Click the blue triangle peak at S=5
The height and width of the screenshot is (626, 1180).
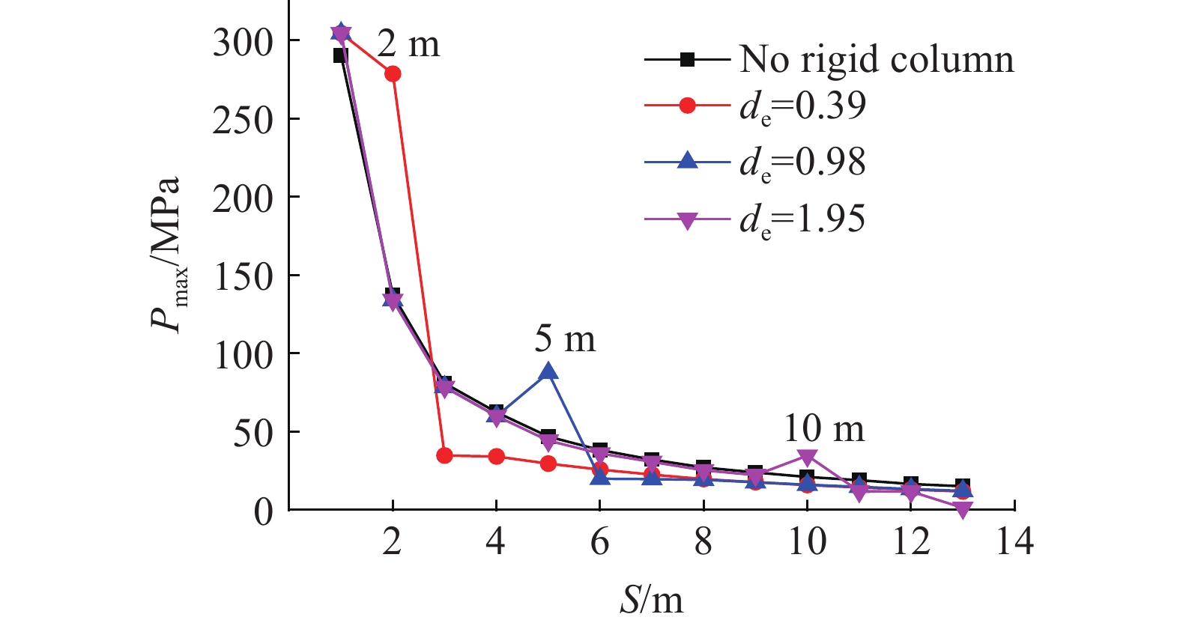click(x=548, y=371)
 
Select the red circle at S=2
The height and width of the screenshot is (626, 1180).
click(x=393, y=73)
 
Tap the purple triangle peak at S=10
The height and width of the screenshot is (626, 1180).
click(x=807, y=458)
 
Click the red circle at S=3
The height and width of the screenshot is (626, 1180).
click(x=444, y=455)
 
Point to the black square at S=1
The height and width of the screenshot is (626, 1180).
click(x=340, y=55)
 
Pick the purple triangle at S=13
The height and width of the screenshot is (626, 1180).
click(x=963, y=510)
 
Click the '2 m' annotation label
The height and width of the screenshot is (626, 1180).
click(x=408, y=44)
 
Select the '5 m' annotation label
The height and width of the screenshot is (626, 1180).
click(x=565, y=339)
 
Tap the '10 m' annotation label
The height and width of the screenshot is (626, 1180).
click(x=823, y=429)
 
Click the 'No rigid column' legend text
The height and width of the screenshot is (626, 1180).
click(x=876, y=59)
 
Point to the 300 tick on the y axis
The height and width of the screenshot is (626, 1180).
click(x=242, y=42)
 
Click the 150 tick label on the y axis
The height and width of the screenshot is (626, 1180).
click(x=242, y=277)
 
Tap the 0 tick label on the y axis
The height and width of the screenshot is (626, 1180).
click(x=263, y=512)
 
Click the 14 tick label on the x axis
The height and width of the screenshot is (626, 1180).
click(x=1014, y=541)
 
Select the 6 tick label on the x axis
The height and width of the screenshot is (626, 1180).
click(x=599, y=541)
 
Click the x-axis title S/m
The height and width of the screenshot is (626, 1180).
click(x=651, y=600)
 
